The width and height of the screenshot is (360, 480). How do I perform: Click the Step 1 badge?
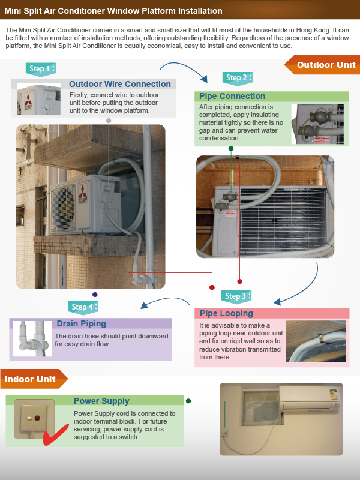(41, 68)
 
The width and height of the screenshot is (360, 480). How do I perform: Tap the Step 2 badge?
(237, 78)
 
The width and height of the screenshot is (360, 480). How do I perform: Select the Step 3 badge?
(236, 296)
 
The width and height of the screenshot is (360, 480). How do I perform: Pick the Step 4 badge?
(83, 307)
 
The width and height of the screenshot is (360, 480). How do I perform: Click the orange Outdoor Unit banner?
(322, 65)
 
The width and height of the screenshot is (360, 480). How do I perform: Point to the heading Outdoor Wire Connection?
(119, 84)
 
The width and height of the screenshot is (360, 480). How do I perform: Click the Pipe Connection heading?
(232, 96)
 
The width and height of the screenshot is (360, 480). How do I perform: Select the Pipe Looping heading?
(226, 313)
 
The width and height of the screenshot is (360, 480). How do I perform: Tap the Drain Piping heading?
(82, 323)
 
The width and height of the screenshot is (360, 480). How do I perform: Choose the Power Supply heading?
(101, 401)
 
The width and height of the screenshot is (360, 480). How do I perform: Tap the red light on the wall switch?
(37, 418)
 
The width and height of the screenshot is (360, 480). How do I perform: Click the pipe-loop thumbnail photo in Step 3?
(316, 341)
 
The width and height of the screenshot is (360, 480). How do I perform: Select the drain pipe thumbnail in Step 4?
(32, 338)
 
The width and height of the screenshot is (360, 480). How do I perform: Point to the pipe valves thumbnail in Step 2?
(317, 124)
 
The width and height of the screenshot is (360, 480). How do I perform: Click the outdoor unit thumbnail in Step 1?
(39, 99)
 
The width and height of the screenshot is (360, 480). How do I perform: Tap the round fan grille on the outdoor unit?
(63, 208)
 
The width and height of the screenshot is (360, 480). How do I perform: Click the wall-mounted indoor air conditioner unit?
(310, 398)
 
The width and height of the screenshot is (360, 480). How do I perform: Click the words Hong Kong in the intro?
(313, 31)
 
